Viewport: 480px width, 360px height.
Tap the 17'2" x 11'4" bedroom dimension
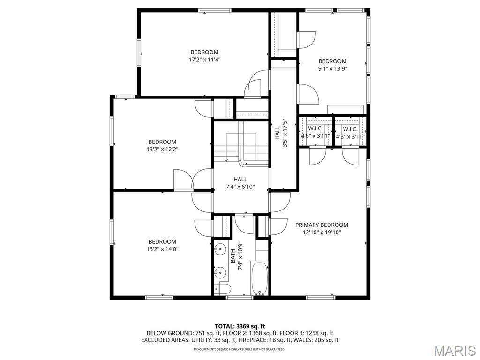coord(204,60)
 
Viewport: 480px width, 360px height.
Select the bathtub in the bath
coord(259,278)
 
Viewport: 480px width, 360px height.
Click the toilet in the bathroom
coord(223,289)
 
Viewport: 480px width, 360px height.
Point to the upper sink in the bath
coord(219,249)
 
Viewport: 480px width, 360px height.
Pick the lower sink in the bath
coord(219,272)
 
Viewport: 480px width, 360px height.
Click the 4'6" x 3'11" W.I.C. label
coord(315,132)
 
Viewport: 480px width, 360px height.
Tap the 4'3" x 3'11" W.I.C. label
coord(350,133)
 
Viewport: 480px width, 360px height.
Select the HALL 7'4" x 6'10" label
coord(240,183)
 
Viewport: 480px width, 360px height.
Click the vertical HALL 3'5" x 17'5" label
coord(281,133)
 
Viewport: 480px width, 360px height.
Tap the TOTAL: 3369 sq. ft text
coord(240,326)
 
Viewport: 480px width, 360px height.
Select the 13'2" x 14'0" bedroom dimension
coord(162,249)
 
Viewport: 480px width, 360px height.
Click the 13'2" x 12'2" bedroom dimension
coord(162,150)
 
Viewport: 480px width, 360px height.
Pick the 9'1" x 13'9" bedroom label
coord(332,65)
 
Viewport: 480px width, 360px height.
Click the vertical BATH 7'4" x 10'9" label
coord(237,256)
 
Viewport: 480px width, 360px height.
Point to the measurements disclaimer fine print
coord(240,349)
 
